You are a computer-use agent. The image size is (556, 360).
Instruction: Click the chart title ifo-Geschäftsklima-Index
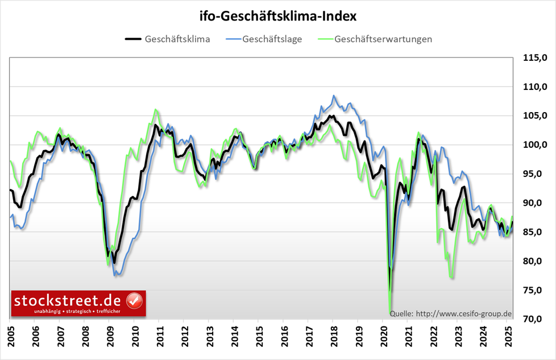(x=278, y=16)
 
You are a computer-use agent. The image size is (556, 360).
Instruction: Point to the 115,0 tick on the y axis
(x=535, y=58)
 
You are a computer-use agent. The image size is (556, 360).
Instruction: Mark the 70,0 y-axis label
(x=535, y=319)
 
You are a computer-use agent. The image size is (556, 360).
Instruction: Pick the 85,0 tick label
(x=535, y=232)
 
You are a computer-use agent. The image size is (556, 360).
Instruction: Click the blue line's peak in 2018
(x=334, y=96)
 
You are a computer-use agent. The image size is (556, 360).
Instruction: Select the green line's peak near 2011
(x=156, y=109)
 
